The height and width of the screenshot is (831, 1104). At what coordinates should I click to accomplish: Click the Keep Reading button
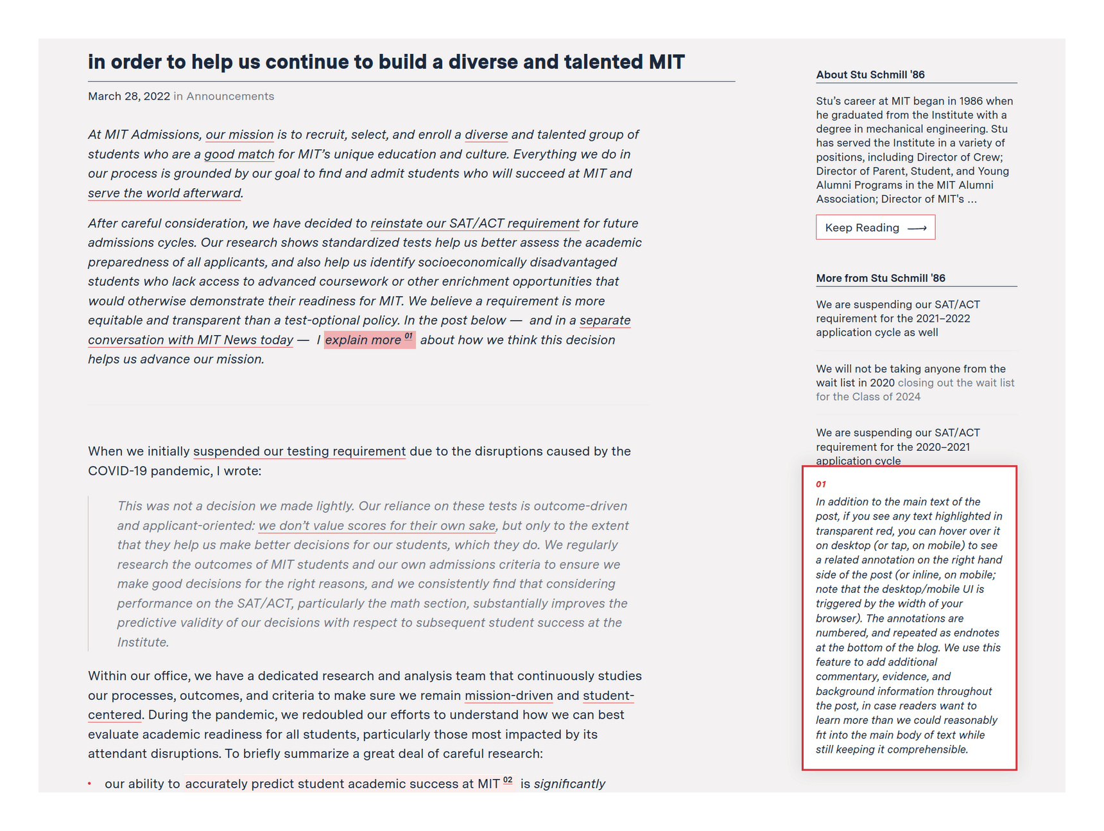[875, 227]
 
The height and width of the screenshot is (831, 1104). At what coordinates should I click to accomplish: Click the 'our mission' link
[239, 134]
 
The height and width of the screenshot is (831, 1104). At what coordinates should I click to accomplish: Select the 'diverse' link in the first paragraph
[486, 134]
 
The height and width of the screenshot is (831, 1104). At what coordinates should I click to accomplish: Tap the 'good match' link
[239, 154]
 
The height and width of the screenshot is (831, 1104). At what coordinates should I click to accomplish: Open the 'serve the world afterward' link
[164, 193]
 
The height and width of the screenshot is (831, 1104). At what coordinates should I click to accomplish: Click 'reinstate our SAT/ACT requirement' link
[475, 223]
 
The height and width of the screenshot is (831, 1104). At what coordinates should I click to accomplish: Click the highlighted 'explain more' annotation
[363, 340]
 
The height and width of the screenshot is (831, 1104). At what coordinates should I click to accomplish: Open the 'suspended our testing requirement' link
[299, 451]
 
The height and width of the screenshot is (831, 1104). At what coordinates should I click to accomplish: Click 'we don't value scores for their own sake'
[377, 525]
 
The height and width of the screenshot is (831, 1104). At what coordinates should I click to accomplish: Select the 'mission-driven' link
[508, 695]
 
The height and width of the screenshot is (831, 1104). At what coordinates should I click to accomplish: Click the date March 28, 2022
[129, 96]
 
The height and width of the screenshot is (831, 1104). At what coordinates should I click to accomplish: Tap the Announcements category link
[230, 96]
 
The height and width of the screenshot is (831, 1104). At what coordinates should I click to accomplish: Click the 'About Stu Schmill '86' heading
[870, 74]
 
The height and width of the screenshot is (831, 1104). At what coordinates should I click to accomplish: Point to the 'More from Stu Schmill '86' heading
[880, 278]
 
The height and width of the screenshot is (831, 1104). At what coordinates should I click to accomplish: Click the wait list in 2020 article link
[910, 376]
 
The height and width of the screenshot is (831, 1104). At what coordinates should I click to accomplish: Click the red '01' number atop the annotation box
[821, 484]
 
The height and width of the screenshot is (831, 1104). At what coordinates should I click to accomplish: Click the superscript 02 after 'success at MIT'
[508, 780]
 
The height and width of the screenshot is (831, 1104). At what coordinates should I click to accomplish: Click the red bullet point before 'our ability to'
[90, 783]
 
